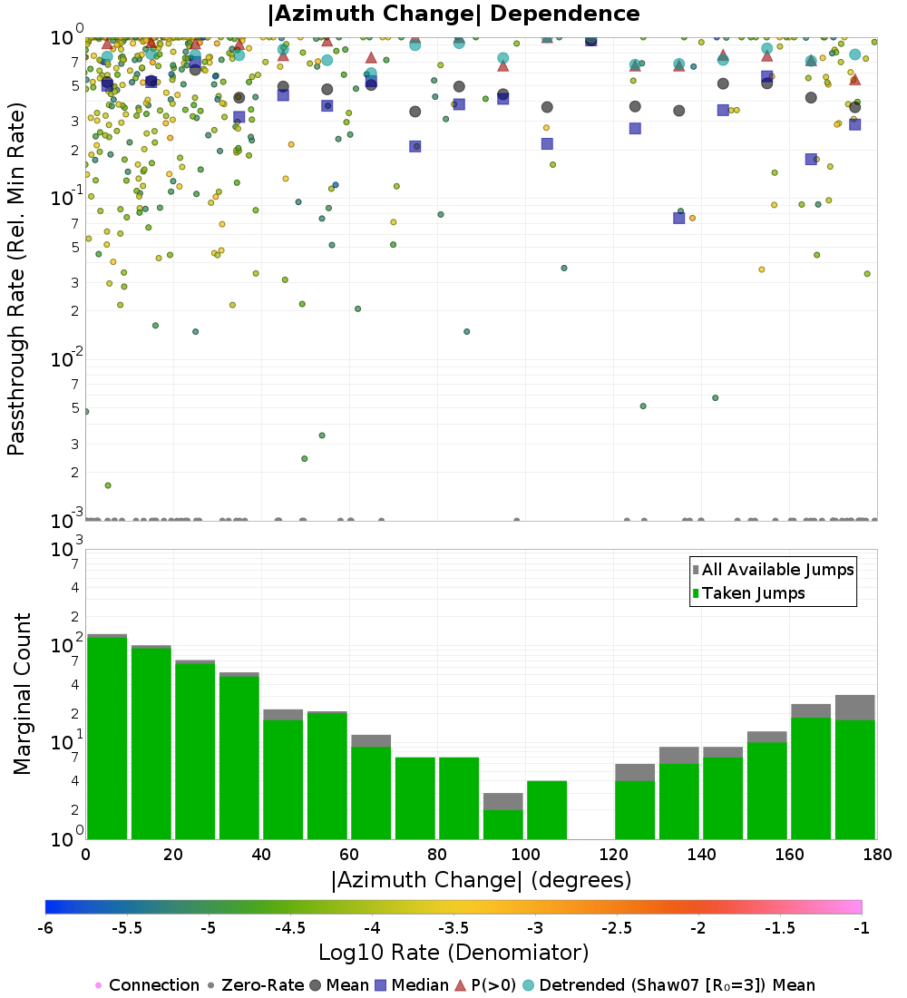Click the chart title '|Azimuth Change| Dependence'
click(x=453, y=14)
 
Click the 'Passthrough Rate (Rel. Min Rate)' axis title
click(x=16, y=279)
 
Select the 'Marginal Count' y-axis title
click(x=22, y=694)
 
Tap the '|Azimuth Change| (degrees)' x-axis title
click(x=481, y=880)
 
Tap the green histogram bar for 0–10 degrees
click(x=107, y=739)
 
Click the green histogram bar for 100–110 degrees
click(x=547, y=809)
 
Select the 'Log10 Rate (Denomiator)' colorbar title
click(x=453, y=953)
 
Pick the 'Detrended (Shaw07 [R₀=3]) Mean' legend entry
click(x=677, y=985)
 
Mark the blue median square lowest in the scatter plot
click(x=678, y=218)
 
